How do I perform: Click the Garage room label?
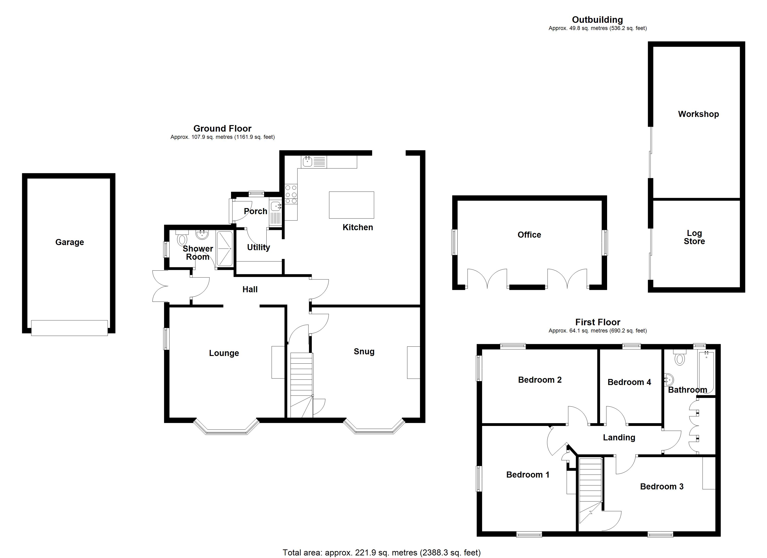(x=70, y=242)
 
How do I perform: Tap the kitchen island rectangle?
(x=351, y=205)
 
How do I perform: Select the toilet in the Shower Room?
(x=182, y=238)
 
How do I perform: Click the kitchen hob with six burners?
(x=291, y=194)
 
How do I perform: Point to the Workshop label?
(x=698, y=114)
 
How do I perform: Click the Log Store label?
(x=694, y=237)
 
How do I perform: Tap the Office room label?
(x=529, y=235)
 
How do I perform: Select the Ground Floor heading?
(x=222, y=129)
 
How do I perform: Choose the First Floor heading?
(x=598, y=322)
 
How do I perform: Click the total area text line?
(x=381, y=553)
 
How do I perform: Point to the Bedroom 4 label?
(x=629, y=382)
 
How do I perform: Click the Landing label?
(x=619, y=438)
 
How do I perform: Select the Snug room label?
(x=364, y=352)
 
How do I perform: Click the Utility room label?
(x=259, y=248)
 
